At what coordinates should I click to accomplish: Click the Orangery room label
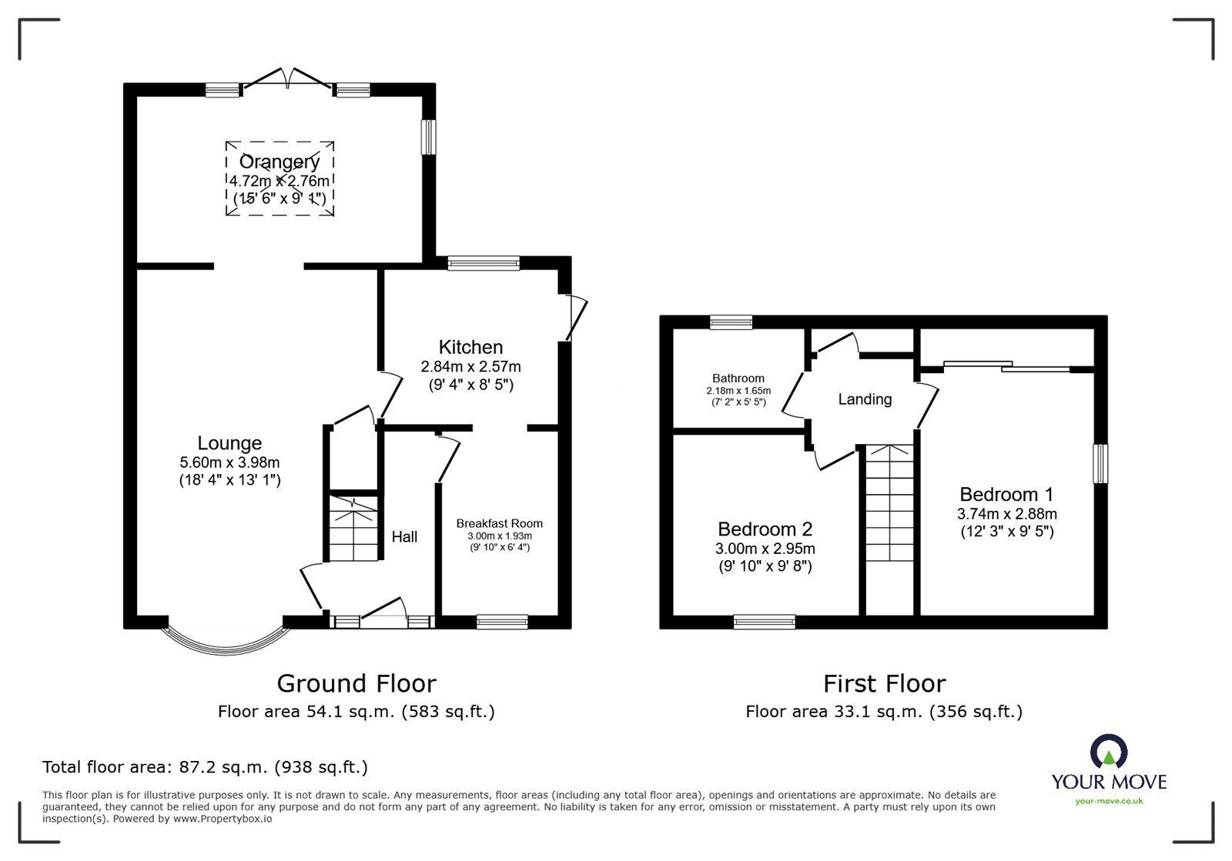point(279,162)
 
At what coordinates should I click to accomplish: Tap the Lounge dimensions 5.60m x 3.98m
point(229,463)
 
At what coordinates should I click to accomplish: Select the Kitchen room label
point(470,347)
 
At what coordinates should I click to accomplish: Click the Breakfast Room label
point(499,524)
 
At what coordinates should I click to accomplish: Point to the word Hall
point(404,537)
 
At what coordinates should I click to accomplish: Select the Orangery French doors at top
point(288,78)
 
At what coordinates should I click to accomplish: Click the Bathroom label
point(738,379)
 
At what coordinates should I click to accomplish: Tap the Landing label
point(865,399)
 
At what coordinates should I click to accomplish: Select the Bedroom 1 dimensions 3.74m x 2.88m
point(1006,514)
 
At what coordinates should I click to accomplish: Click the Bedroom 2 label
point(765,529)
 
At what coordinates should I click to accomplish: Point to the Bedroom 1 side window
point(1102,463)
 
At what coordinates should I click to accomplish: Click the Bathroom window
point(731,322)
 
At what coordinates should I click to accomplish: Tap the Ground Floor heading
point(356,683)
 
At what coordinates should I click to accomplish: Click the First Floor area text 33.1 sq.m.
point(883,712)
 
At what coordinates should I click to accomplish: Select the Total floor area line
point(205,767)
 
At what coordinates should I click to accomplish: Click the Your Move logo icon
point(1109,751)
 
